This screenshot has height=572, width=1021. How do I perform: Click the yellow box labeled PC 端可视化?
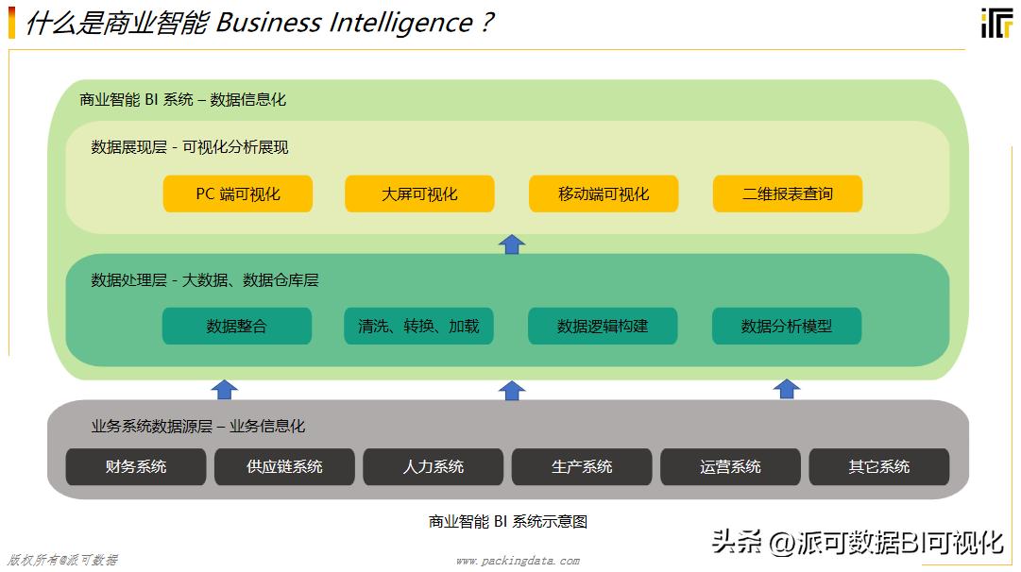click(238, 193)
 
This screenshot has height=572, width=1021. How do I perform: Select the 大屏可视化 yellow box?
click(419, 193)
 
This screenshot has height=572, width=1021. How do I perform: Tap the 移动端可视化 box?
click(604, 193)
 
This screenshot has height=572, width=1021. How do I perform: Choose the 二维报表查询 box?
click(788, 193)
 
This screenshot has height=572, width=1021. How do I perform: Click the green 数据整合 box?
click(237, 326)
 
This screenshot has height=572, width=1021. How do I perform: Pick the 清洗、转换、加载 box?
click(418, 326)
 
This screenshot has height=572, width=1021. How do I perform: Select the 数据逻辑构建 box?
click(603, 326)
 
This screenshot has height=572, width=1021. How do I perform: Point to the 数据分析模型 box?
click(787, 326)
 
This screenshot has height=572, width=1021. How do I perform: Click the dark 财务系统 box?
click(136, 466)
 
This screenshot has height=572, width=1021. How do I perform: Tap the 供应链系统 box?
click(284, 466)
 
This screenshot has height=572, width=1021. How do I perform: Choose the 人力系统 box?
click(434, 466)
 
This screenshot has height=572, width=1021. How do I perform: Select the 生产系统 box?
click(582, 466)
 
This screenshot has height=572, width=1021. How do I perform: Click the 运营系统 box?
click(730, 466)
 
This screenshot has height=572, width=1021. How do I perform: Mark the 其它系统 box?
click(879, 466)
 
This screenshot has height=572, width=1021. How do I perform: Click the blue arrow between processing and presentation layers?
click(511, 244)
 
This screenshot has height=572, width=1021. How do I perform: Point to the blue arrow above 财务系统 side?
click(224, 389)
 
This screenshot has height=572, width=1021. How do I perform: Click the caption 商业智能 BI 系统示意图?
click(508, 521)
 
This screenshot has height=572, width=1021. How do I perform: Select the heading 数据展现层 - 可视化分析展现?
click(190, 147)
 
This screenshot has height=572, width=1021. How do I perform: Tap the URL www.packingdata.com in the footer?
click(518, 561)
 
